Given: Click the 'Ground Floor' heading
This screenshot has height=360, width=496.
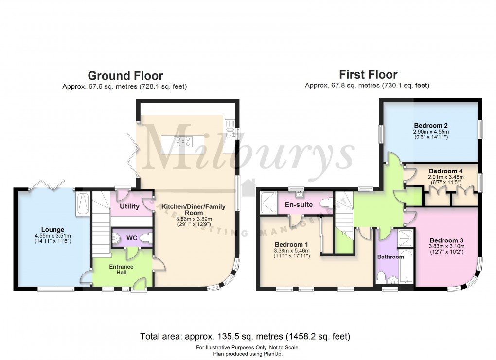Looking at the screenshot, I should (125, 76).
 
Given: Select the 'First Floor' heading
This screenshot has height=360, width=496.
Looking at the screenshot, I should (368, 75).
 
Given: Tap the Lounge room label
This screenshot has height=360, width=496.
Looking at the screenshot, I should (52, 230).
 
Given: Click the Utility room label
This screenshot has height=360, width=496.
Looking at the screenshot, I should (129, 206).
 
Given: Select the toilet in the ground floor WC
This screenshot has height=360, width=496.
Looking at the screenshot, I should (149, 238).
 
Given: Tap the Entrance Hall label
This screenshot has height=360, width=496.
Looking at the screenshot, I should (122, 270).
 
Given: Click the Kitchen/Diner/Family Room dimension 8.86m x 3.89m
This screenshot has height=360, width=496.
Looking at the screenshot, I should (193, 219).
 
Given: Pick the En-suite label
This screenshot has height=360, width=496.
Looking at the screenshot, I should (298, 205).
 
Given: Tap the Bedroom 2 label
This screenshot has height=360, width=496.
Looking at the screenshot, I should (430, 125).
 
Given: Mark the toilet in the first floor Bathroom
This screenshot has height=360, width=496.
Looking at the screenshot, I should (382, 277).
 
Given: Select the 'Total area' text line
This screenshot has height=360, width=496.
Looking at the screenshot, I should (245, 336).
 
